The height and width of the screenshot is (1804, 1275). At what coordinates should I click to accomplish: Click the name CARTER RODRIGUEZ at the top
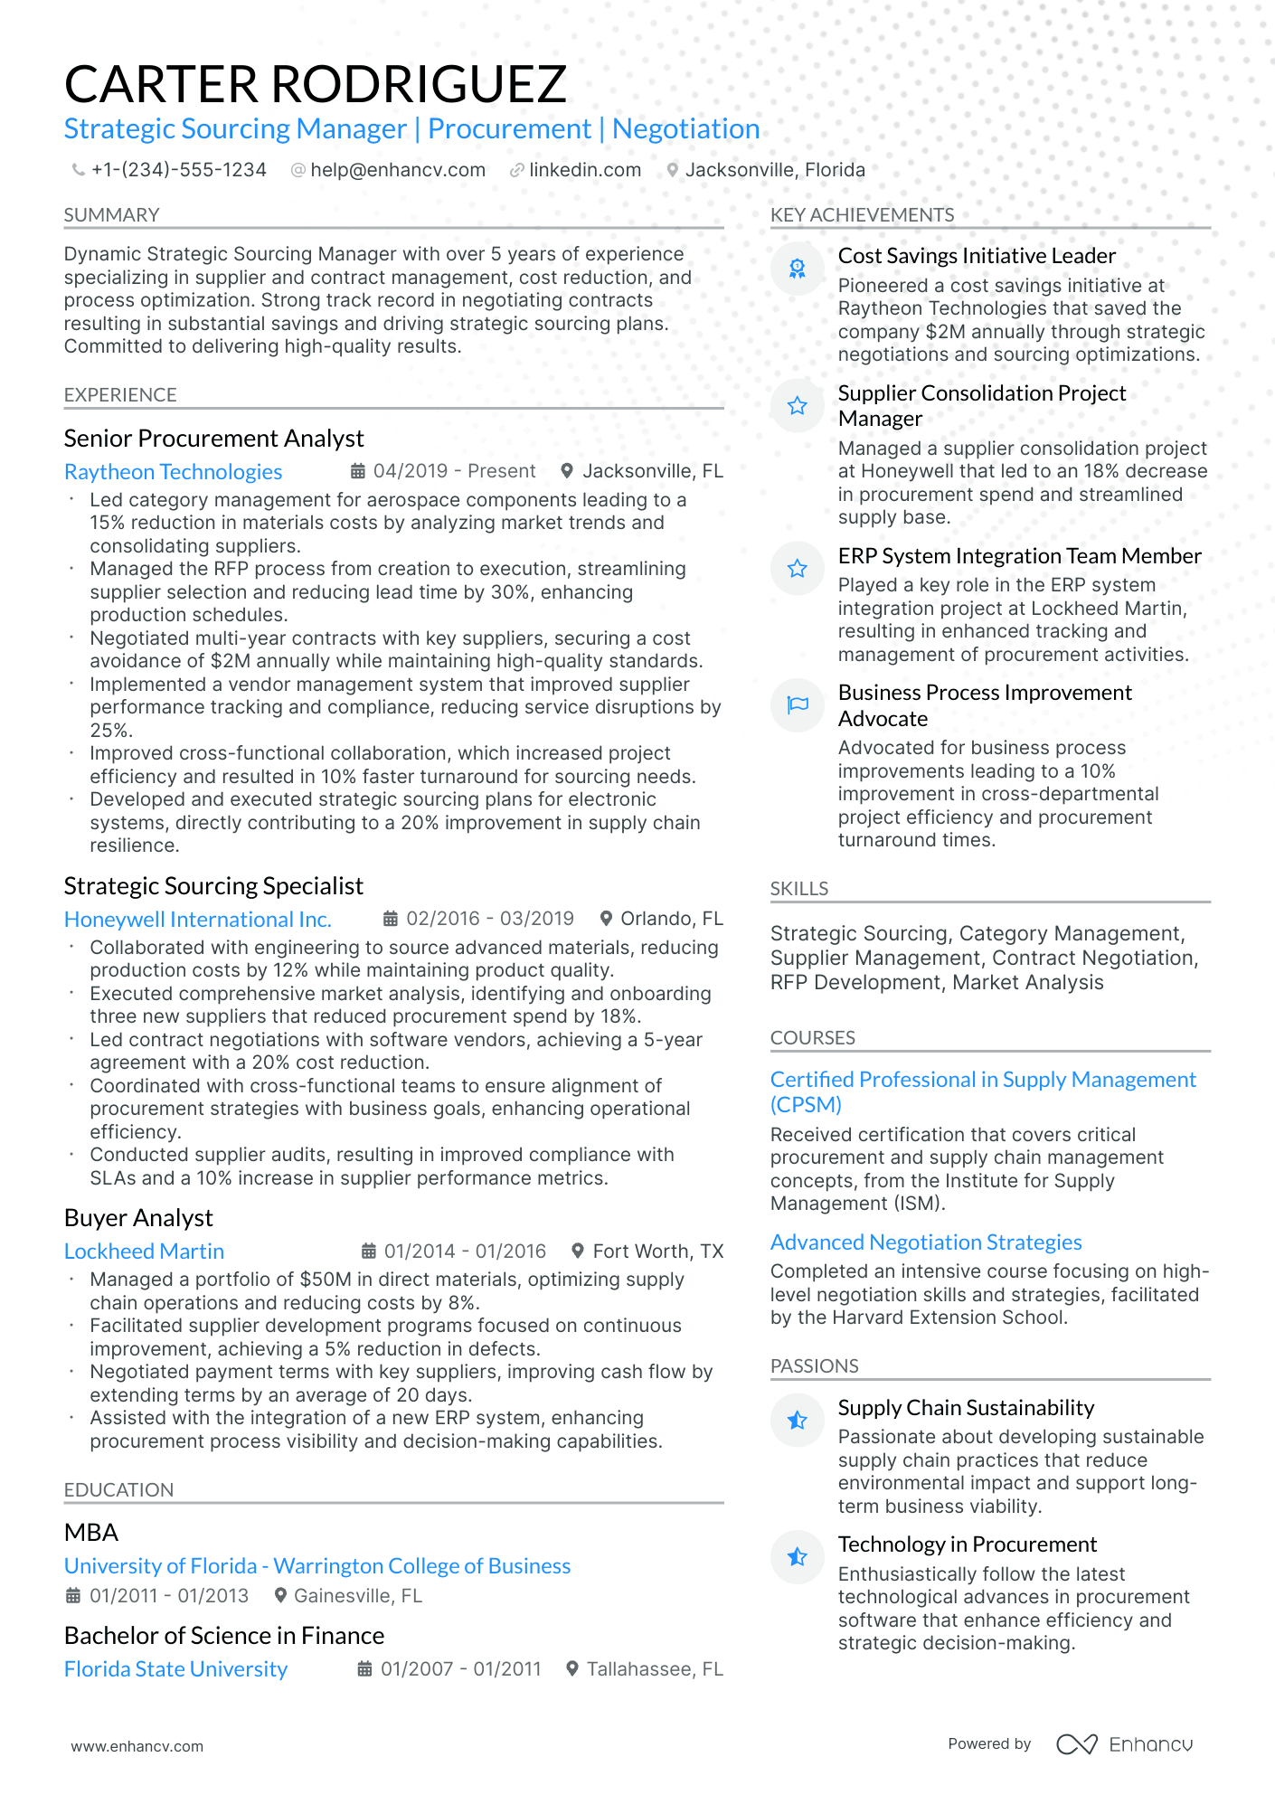pos(315,84)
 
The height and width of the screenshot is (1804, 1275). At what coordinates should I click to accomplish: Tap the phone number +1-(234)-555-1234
pos(178,170)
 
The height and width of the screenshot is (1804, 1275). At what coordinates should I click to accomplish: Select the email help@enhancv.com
pos(397,170)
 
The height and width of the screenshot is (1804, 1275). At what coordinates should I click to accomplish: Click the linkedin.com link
pos(584,170)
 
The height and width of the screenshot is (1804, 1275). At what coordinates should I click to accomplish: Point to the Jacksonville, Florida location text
pos(774,170)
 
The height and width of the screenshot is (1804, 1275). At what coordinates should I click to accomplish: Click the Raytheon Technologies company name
pos(173,472)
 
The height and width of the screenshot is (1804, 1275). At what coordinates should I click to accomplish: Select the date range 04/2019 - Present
pos(454,471)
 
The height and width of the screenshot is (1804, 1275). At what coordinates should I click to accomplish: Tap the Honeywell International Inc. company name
pos(197,920)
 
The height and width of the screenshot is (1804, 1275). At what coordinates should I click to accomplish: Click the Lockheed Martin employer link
pos(144,1251)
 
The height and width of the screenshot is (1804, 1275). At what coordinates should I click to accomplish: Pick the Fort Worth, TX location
pos(657,1251)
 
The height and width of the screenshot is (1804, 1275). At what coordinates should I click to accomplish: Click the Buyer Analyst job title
pos(138,1218)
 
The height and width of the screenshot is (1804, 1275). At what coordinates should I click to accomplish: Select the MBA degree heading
pos(91,1533)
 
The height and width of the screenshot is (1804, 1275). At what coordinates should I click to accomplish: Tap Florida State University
pos(175,1669)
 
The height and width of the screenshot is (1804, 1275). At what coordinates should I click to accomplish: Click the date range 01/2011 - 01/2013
pos(168,1596)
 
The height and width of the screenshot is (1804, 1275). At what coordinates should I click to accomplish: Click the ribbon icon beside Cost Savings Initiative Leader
pos(797,269)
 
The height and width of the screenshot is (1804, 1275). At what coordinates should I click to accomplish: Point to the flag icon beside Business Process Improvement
pos(797,705)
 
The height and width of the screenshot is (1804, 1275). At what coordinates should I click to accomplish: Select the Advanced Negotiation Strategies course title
pos(925,1242)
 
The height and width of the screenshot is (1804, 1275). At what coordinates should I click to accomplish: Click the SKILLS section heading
pos(798,889)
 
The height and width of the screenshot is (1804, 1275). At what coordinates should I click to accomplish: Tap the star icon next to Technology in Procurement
pos(797,1557)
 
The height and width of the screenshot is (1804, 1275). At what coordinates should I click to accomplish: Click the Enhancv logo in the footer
pos(1124,1744)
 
